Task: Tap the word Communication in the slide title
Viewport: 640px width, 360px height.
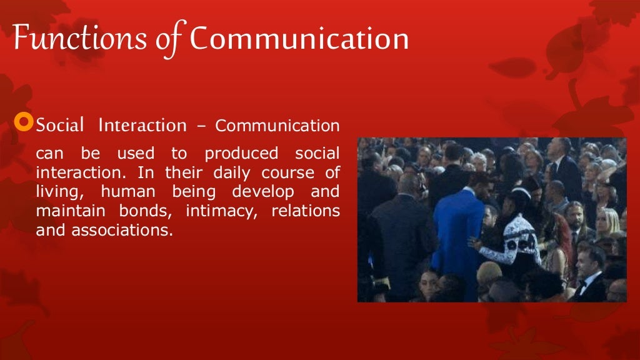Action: [x=299, y=39]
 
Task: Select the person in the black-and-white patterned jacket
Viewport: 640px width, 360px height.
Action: [x=512, y=241]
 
